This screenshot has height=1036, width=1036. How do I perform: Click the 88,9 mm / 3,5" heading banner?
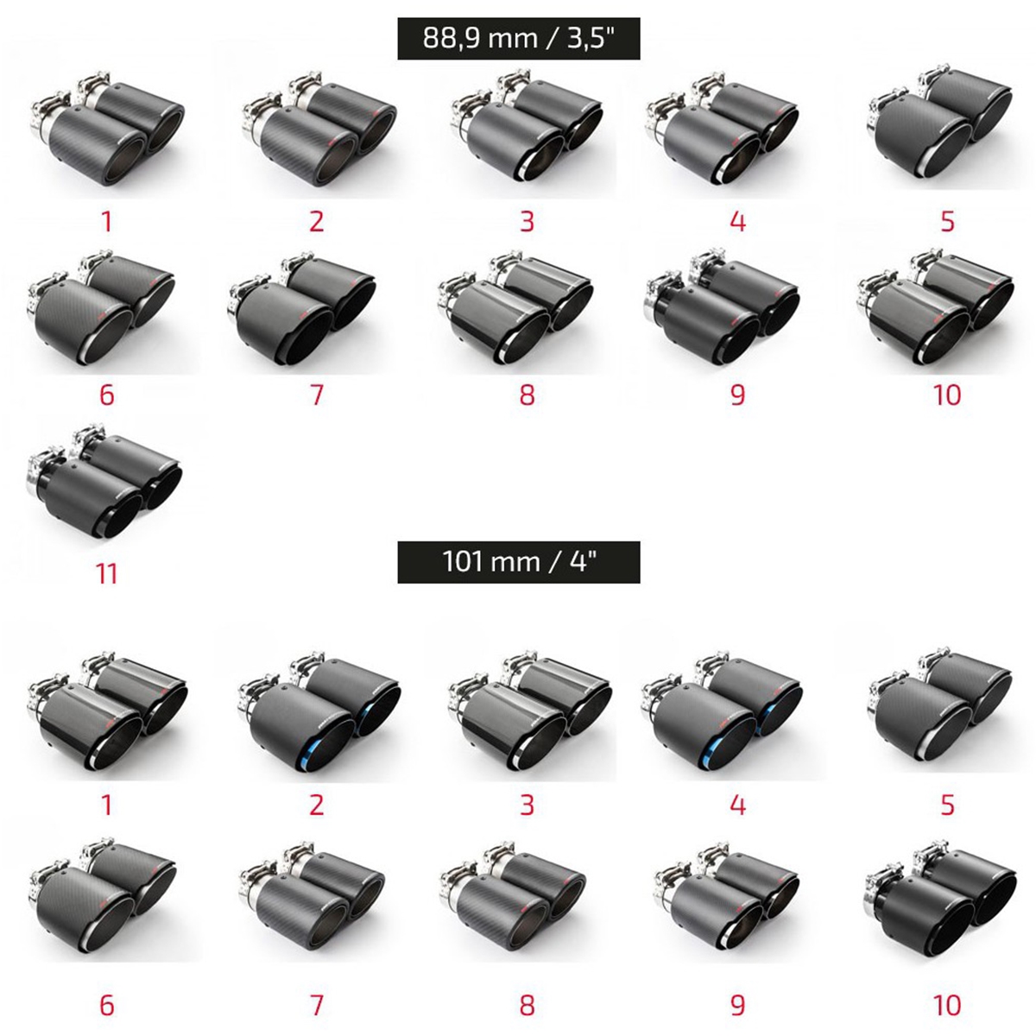coord(518,38)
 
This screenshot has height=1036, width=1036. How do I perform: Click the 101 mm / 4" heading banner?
coord(518,562)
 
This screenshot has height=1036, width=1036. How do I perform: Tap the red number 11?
coord(106,574)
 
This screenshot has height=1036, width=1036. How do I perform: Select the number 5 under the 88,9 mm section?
coord(947,222)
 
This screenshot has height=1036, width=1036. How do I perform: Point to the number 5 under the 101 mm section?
coord(947,805)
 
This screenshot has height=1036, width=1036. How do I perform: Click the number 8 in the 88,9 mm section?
coord(527,395)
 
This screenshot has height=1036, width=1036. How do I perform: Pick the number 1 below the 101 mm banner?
coord(107,805)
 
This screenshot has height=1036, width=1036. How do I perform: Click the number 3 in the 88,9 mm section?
coord(527,222)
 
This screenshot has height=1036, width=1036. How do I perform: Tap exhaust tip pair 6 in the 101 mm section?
coord(102,901)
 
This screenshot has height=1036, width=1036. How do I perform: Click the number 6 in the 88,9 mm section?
coord(106,395)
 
